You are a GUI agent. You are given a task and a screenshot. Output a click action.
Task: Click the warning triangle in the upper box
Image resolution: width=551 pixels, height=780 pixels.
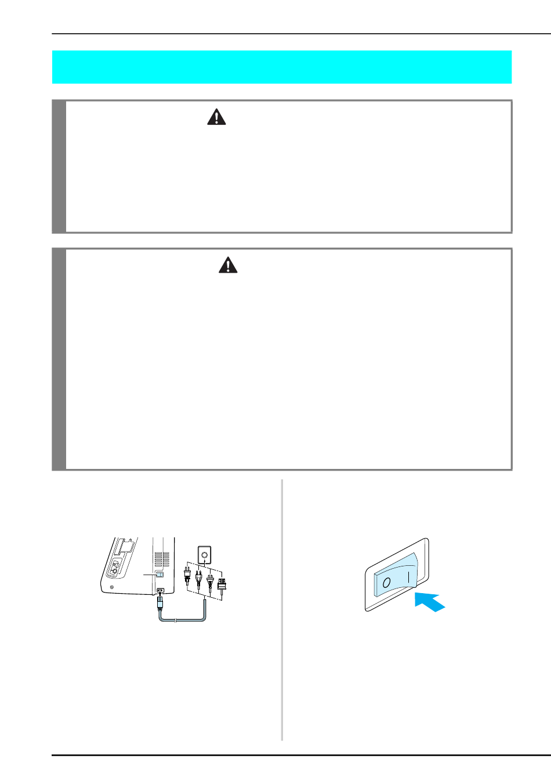click(216, 117)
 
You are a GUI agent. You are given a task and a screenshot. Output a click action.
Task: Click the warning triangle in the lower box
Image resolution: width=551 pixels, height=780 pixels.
click(228, 265)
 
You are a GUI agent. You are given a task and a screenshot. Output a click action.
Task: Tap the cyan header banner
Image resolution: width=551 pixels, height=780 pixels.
click(282, 67)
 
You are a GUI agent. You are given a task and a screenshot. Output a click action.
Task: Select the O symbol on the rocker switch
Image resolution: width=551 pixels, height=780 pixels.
click(386, 583)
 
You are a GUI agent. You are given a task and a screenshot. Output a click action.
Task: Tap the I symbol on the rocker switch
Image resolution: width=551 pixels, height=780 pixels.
click(409, 577)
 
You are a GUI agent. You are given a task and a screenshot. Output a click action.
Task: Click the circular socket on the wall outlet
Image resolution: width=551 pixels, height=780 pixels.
click(204, 554)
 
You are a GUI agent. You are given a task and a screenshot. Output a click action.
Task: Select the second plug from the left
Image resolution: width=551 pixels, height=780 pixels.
click(198, 579)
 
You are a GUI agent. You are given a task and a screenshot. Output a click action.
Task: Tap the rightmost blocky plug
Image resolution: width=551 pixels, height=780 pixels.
click(222, 585)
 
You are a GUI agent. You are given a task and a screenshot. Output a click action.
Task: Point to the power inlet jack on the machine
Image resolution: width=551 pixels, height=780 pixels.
click(161, 590)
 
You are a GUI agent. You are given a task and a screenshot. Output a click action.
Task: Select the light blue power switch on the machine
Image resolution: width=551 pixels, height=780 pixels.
click(159, 574)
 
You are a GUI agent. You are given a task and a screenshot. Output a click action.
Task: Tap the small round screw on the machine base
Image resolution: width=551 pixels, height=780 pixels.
click(112, 587)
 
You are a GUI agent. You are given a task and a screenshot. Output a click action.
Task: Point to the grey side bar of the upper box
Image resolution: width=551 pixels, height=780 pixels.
click(59, 167)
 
